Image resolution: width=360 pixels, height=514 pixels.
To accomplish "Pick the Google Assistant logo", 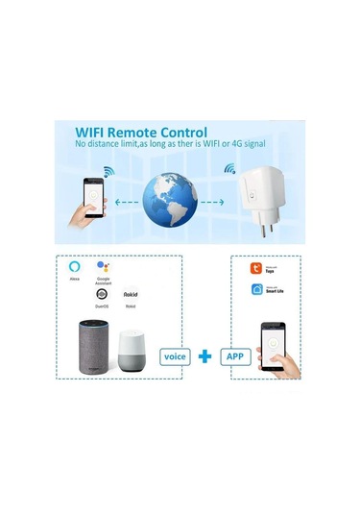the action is pyautogui.click(x=103, y=264).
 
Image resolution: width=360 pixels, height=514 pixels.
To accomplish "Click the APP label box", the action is pyautogui.click(x=234, y=355).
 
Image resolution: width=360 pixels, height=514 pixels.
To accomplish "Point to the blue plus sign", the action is pyautogui.click(x=204, y=356).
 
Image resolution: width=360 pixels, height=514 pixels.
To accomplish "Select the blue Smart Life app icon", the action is pyautogui.click(x=256, y=289).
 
